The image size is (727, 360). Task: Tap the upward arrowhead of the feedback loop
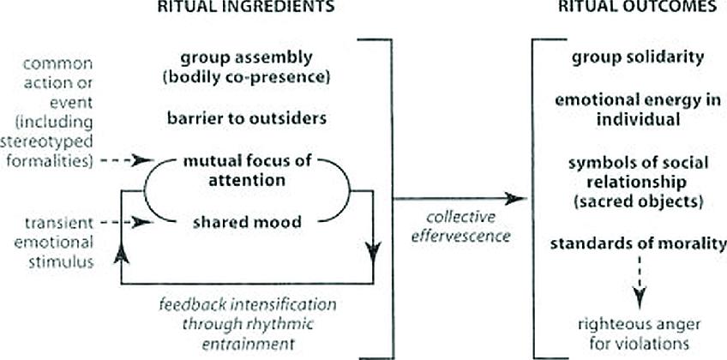(x=123, y=249)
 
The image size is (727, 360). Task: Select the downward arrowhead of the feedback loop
(x=374, y=249)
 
